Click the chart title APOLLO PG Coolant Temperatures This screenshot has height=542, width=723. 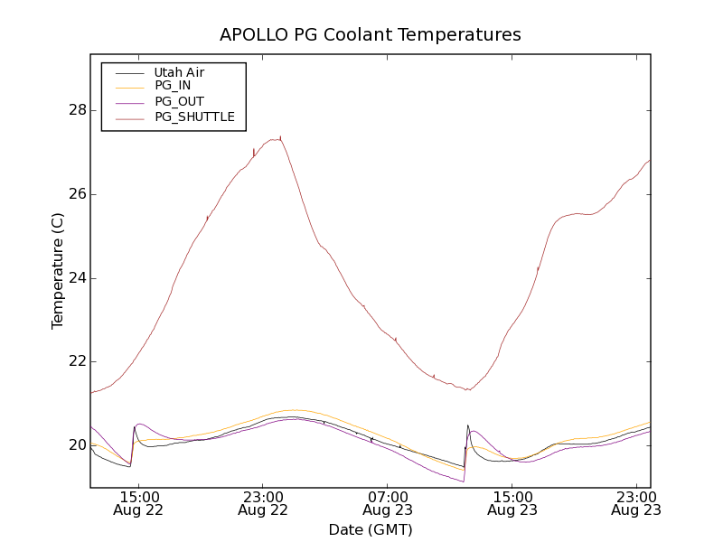(x=371, y=35)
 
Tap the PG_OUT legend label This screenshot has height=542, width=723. (x=179, y=102)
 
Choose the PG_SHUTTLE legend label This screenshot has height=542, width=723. (x=194, y=117)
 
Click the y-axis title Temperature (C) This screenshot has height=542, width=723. (x=58, y=271)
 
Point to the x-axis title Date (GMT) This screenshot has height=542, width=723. (x=371, y=529)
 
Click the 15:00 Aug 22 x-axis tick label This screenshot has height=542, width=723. (x=137, y=503)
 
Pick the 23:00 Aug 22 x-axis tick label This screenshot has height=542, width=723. (x=262, y=503)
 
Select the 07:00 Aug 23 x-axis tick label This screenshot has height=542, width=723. (x=387, y=503)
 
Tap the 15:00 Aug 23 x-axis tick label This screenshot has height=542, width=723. (x=512, y=503)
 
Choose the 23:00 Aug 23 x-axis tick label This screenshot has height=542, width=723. (x=636, y=503)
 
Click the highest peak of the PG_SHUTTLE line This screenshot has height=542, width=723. (x=280, y=138)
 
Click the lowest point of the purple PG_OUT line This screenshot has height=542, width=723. (x=464, y=481)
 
